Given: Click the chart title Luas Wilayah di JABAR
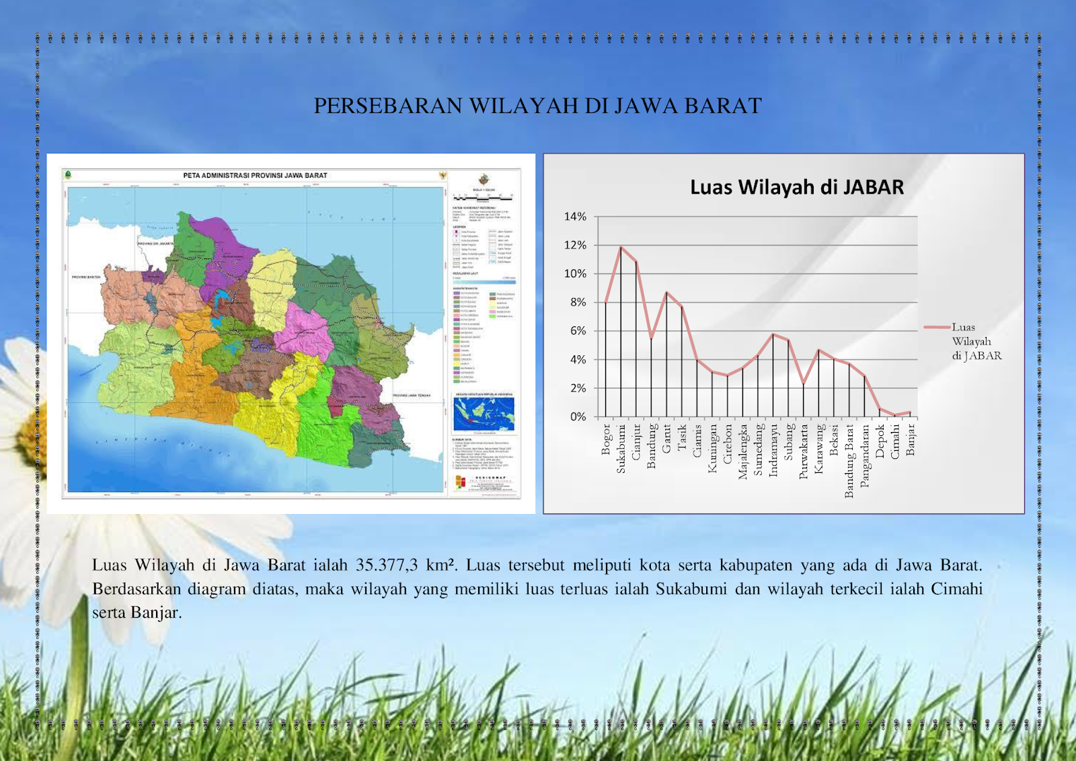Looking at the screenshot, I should [797, 187].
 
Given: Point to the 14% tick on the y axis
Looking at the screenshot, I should [575, 217].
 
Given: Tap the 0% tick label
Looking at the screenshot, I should [578, 416].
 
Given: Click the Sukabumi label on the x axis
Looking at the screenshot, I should [621, 448].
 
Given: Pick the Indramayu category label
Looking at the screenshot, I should [773, 449].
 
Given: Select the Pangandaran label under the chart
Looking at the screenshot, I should [865, 455].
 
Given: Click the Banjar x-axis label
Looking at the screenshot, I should [911, 439].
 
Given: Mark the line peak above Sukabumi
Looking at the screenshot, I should [621, 248].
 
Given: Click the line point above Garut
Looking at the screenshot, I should [666, 292].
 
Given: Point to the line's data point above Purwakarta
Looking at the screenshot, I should [804, 383].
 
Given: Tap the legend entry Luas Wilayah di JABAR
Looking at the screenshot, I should [976, 341].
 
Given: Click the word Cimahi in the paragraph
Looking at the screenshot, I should [956, 589].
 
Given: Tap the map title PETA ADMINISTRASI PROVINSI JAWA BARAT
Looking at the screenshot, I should [255, 176].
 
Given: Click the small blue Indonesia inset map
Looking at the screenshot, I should [484, 413].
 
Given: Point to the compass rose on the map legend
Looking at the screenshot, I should [484, 180].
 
